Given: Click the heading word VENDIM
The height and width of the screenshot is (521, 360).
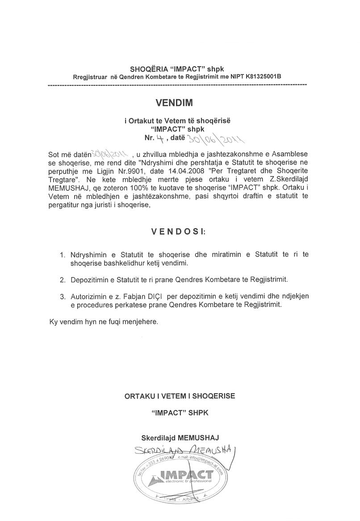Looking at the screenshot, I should pyautogui.click(x=174, y=103).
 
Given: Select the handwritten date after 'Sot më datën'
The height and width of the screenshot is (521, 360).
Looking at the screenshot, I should pyautogui.click(x=109, y=154).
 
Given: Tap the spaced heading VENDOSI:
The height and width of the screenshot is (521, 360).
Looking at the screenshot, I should pyautogui.click(x=177, y=232).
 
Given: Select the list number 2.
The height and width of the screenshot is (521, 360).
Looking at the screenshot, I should pyautogui.click(x=63, y=280).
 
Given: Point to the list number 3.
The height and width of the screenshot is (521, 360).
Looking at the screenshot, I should pyautogui.click(x=63, y=297).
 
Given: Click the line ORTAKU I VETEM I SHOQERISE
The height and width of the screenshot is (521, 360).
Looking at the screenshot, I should pyautogui.click(x=180, y=396).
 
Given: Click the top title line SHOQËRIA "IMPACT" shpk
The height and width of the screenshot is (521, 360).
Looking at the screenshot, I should pyautogui.click(x=177, y=69).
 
